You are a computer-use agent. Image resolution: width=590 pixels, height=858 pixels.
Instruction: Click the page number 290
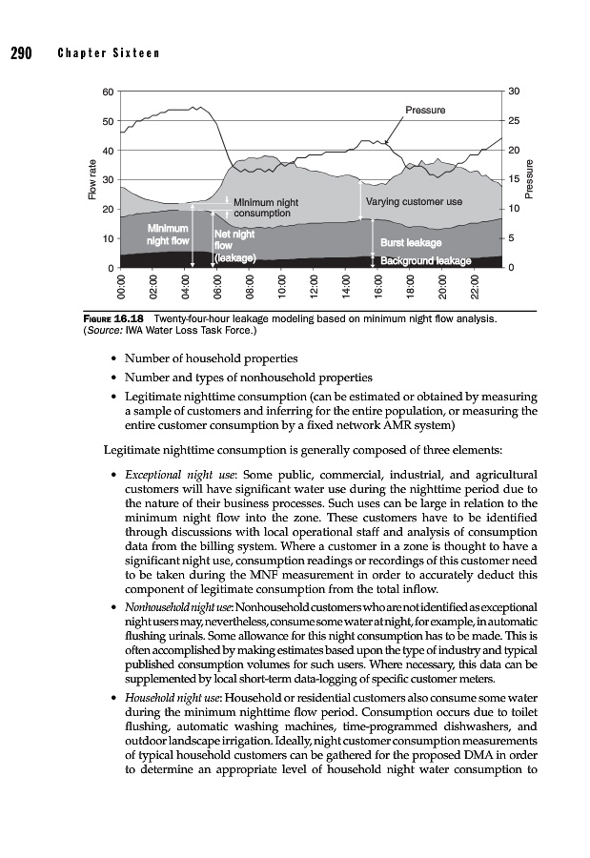(x=21, y=53)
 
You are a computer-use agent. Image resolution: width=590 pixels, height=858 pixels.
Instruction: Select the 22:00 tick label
(x=476, y=289)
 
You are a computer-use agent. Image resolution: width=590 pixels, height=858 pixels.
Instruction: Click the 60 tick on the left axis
(x=108, y=92)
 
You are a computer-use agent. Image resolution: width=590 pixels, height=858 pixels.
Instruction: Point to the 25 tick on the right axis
(x=514, y=121)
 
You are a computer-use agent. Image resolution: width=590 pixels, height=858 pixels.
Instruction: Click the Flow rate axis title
(x=92, y=179)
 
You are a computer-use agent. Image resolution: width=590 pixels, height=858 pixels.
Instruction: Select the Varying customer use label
(x=414, y=202)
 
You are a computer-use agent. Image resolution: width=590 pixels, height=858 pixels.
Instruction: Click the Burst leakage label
(x=411, y=243)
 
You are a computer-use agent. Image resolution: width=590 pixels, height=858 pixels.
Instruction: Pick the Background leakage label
(x=426, y=260)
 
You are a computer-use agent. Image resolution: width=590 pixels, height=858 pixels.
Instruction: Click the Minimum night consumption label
(x=266, y=208)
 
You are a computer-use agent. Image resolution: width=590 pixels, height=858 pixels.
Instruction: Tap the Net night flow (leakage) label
(x=234, y=245)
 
